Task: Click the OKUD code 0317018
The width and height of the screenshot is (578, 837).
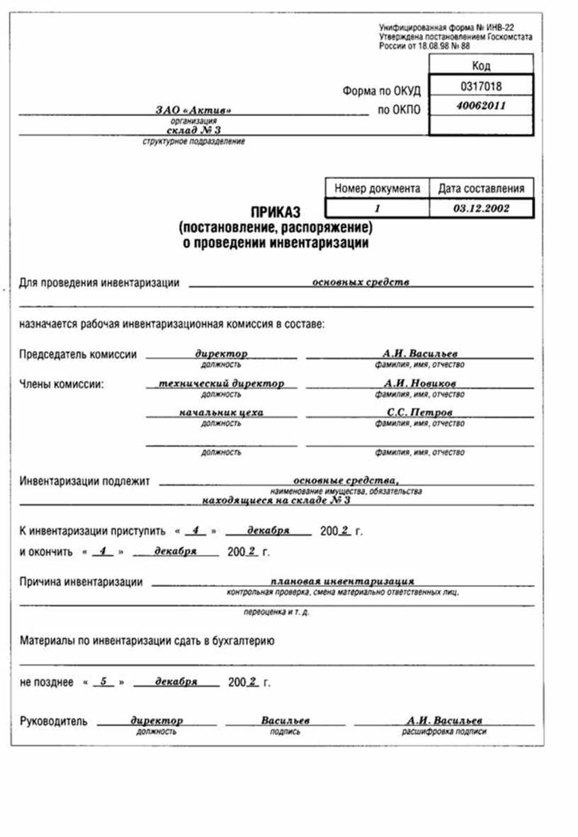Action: click(x=481, y=86)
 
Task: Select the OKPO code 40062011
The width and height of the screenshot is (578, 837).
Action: click(x=481, y=106)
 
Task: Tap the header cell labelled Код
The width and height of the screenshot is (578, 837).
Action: click(x=481, y=66)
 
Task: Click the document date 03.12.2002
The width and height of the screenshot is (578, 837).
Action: click(x=481, y=208)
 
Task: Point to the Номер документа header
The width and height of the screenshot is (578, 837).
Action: click(x=377, y=189)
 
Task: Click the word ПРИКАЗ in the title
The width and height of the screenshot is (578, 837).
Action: click(x=276, y=212)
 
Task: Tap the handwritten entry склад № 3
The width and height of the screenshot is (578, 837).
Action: click(x=193, y=132)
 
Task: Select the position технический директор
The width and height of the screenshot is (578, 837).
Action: click(x=222, y=383)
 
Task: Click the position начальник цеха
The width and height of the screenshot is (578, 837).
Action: click(x=222, y=412)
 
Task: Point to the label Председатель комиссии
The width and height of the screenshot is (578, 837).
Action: click(x=78, y=355)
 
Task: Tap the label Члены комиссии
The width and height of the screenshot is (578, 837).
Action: click(x=62, y=385)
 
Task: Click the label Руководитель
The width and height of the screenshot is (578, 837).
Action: click(x=54, y=722)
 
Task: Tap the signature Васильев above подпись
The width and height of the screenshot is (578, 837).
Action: click(x=285, y=720)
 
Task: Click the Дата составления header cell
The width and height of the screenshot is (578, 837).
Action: click(x=481, y=189)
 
